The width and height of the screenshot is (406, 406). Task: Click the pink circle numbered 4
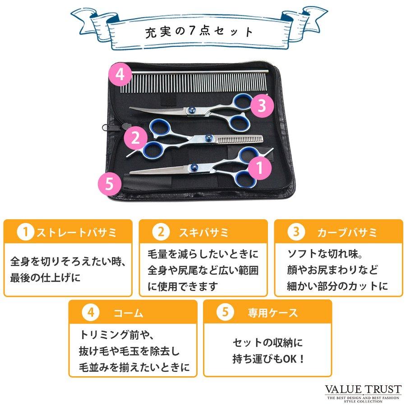point(120,74)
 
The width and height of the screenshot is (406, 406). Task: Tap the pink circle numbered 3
point(260,106)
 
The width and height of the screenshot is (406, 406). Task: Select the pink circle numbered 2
point(135,138)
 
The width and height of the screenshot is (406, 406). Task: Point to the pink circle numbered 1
point(260,167)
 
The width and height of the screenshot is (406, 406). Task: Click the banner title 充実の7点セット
point(199,33)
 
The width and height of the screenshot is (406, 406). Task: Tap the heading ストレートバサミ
point(76,233)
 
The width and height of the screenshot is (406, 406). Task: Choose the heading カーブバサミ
point(347,233)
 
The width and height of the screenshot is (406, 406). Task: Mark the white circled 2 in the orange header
point(160,233)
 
